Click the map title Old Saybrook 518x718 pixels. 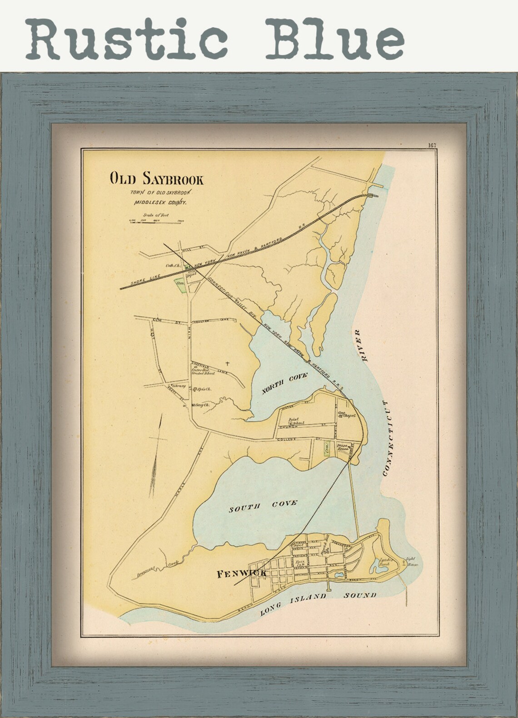click(156, 179)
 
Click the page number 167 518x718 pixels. click(431, 145)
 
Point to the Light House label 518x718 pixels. click(412, 562)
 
